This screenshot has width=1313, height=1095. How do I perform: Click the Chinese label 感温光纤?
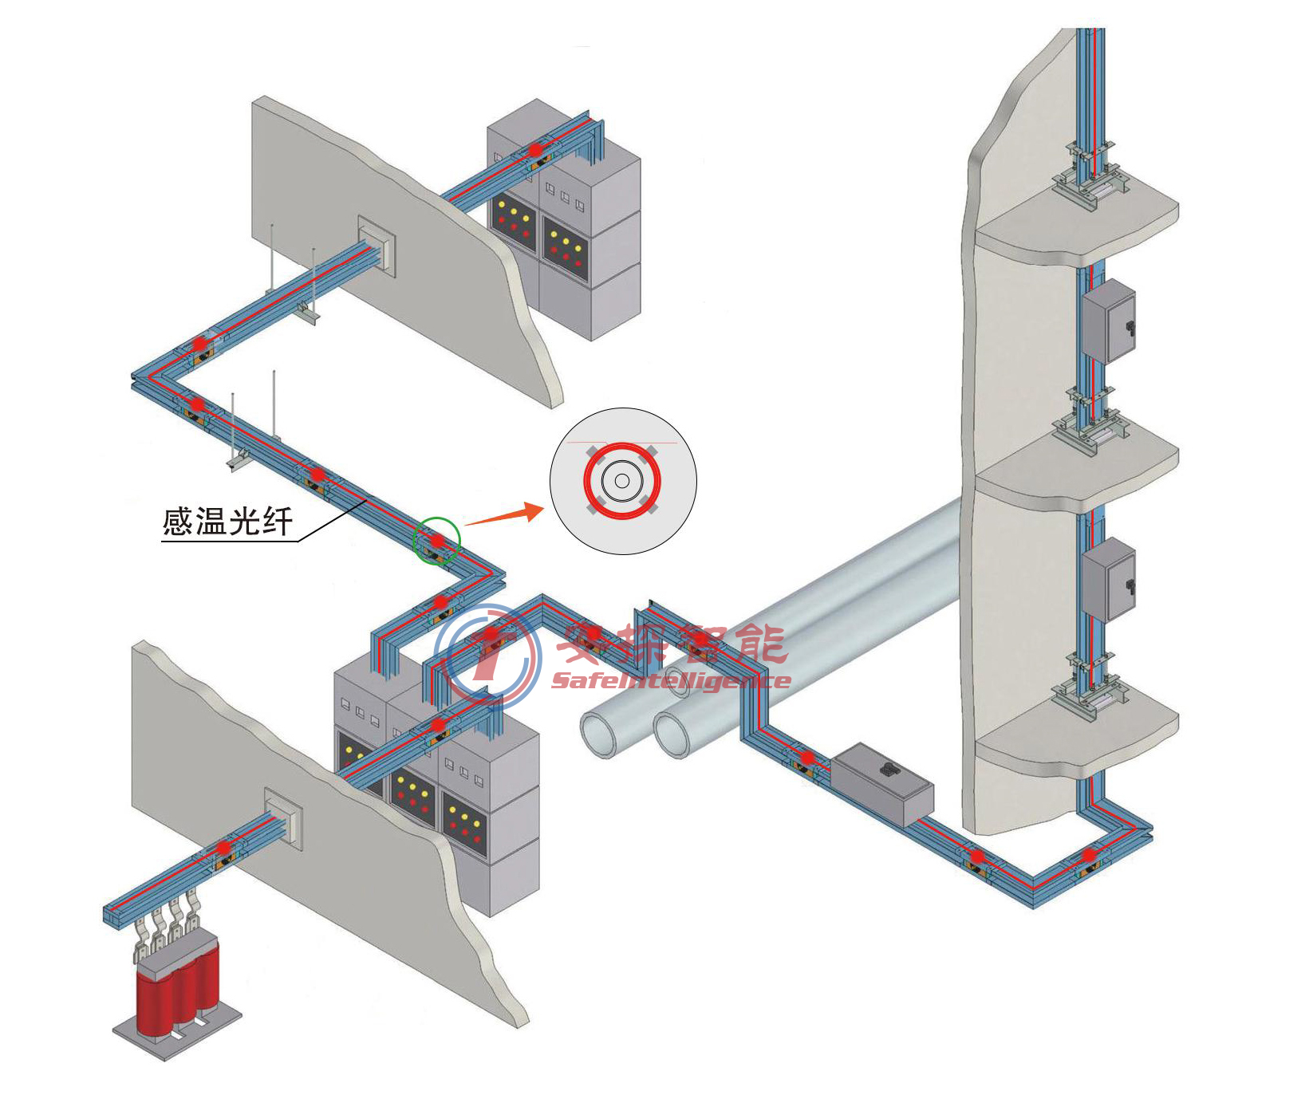228,522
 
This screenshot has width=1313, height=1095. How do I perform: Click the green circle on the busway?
436,541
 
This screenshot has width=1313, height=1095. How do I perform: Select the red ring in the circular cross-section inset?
622,481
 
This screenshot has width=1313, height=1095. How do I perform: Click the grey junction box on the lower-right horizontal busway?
883,783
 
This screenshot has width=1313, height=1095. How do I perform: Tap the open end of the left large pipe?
598,734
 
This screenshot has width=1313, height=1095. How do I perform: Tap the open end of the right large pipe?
672,734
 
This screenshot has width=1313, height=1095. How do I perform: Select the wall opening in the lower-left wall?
283,818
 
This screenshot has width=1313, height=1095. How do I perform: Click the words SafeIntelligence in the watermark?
670,681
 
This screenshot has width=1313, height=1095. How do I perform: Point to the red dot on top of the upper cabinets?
535,149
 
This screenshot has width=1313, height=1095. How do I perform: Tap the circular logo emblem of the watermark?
487,656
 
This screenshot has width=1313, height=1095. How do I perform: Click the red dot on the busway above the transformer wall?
223,847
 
